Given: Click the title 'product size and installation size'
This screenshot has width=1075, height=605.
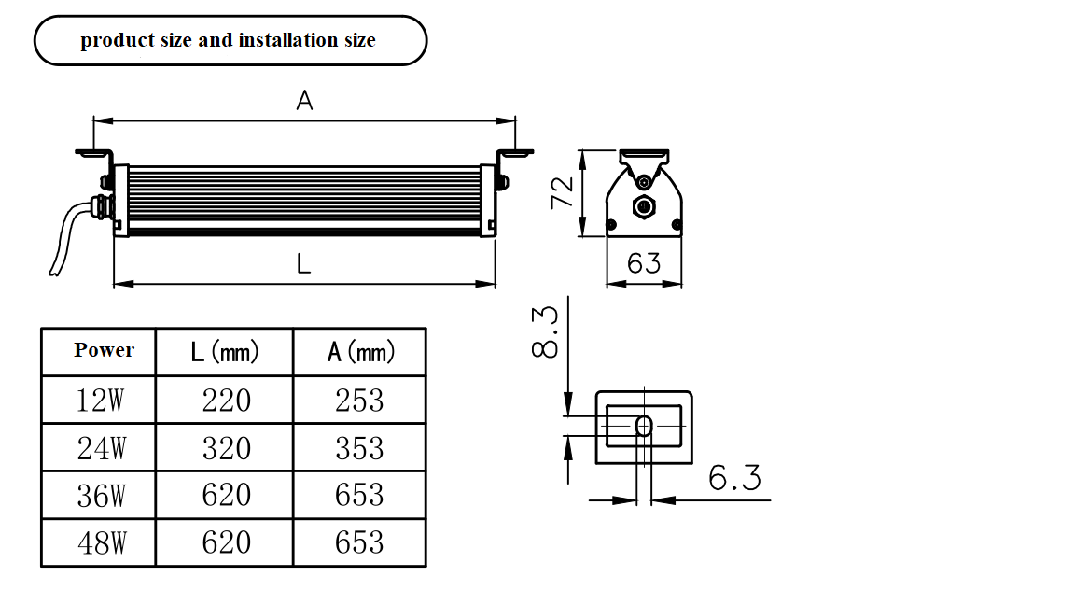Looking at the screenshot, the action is coord(228,40).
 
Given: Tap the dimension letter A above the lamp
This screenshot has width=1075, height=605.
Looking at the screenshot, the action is coord(304,101).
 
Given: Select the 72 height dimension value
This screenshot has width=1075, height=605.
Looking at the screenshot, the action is coord(562,192).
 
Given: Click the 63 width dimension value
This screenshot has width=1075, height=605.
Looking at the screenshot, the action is coord(644,262).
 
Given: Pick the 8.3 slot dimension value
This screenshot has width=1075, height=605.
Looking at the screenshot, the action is coord(545,332).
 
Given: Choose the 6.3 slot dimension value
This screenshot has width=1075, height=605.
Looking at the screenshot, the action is coord(734,477).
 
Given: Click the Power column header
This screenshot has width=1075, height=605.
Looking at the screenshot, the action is coord(105,350).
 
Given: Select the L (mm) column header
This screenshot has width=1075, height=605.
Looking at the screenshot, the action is coord(225,351).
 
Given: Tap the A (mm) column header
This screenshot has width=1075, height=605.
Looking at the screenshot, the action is coord(361,351).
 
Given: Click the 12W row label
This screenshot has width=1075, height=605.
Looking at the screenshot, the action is coord(100,400).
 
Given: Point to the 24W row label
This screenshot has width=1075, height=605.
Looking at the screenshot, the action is coord(102,448).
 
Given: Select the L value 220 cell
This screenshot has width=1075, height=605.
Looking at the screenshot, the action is coord(226,400).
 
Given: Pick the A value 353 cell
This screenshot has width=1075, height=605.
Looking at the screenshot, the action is coord(359,448).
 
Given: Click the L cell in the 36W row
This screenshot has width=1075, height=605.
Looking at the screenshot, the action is coord(226,495).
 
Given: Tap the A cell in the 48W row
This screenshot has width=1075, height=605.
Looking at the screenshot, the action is coord(359,542).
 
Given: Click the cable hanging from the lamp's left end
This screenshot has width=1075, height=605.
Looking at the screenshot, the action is coord(65,236).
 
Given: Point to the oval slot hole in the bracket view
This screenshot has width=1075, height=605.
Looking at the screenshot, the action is coord(644,426).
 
